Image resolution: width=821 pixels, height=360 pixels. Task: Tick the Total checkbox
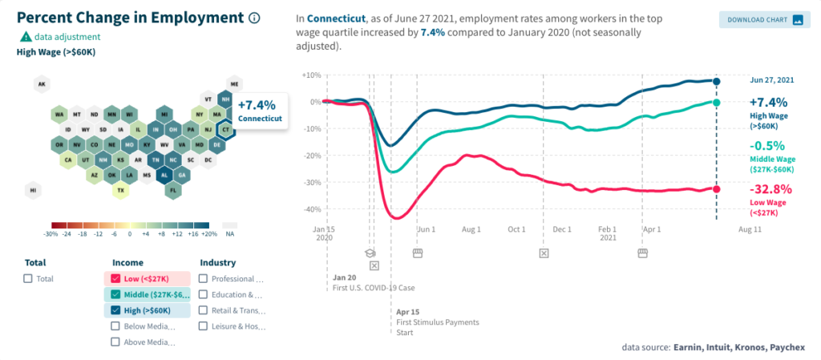click(x=28, y=278)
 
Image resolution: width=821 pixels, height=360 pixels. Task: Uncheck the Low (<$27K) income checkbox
click(x=116, y=278)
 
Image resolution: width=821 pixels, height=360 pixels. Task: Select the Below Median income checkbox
click(x=116, y=326)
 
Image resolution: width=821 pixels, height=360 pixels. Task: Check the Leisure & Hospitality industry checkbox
click(x=204, y=326)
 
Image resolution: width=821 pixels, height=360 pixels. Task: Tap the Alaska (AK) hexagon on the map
click(x=42, y=84)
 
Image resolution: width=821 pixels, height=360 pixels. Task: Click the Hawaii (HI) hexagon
click(x=34, y=190)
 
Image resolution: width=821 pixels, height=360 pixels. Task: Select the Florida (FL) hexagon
click(x=172, y=190)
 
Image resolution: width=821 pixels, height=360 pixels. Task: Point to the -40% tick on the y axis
click(x=310, y=209)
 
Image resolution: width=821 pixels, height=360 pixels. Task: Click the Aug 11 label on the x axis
click(x=750, y=229)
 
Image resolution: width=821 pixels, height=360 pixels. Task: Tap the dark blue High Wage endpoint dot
click(x=716, y=81)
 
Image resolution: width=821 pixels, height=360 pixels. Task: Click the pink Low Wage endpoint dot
click(x=716, y=189)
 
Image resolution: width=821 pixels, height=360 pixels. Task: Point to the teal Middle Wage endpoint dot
click(x=716, y=103)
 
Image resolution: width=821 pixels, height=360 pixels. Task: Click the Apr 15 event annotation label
click(x=407, y=311)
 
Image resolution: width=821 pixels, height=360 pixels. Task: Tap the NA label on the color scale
click(x=229, y=234)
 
